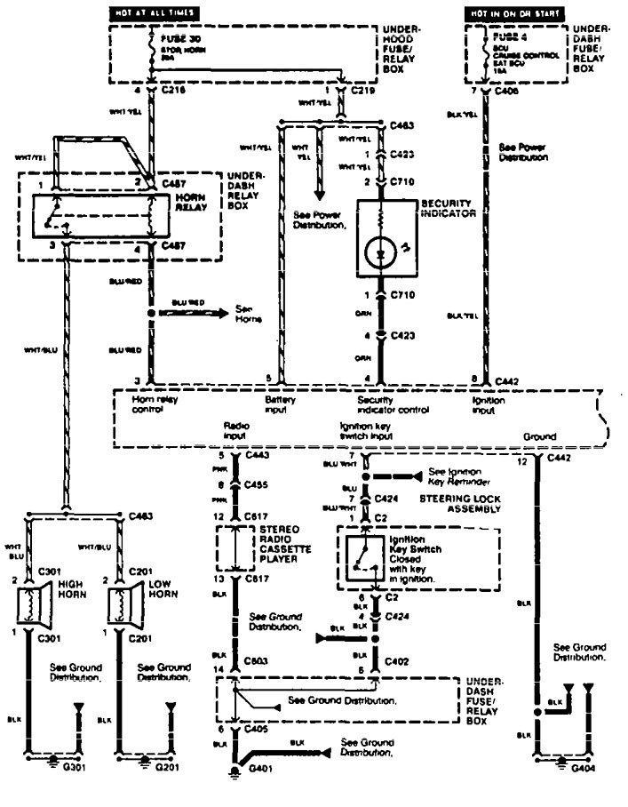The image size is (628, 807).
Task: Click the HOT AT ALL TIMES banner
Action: point(153,14)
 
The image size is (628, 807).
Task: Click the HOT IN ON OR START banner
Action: point(515,14)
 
